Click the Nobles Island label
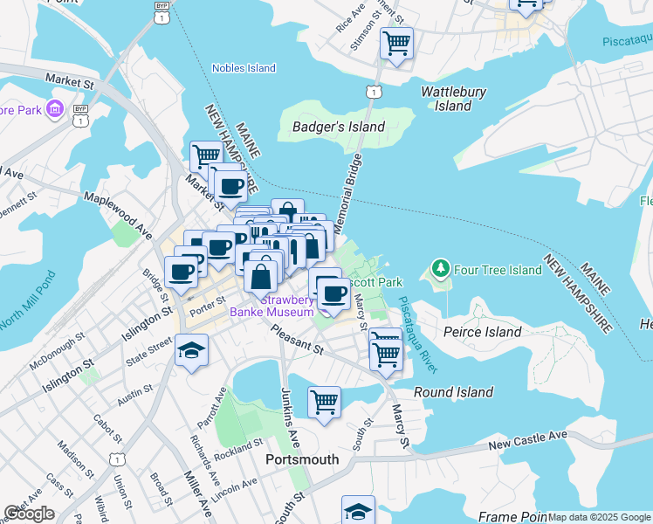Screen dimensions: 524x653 (244, 68)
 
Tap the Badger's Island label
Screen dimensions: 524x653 (338, 128)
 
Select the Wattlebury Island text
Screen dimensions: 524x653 (452, 99)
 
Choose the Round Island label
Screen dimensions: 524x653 (453, 392)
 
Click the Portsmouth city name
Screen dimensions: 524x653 (301, 458)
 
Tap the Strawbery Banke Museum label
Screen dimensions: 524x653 (272, 306)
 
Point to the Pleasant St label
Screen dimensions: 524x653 (297, 340)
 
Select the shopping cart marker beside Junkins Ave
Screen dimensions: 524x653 (324, 403)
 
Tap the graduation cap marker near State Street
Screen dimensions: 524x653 (192, 351)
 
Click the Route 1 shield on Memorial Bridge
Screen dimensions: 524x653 (374, 91)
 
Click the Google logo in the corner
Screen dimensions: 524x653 (29, 514)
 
